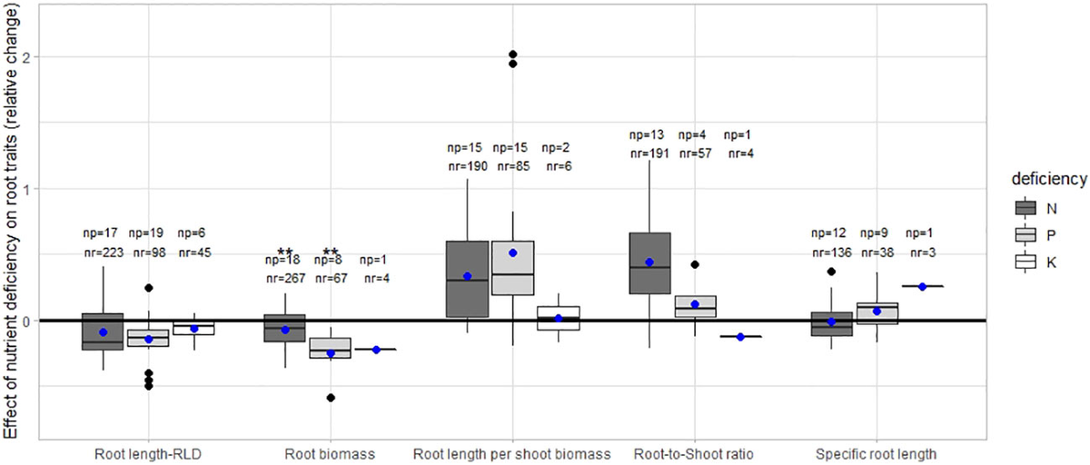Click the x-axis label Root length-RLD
click(x=148, y=453)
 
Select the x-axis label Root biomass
click(x=330, y=453)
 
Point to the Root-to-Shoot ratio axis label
click(x=695, y=453)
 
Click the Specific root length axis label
click(x=877, y=453)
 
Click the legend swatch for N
click(x=1025, y=208)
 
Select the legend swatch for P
click(x=1025, y=235)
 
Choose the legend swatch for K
click(x=1025, y=262)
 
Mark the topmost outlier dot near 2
click(x=512, y=54)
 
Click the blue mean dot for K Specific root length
click(x=922, y=286)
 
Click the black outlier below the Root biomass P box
click(x=331, y=398)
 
